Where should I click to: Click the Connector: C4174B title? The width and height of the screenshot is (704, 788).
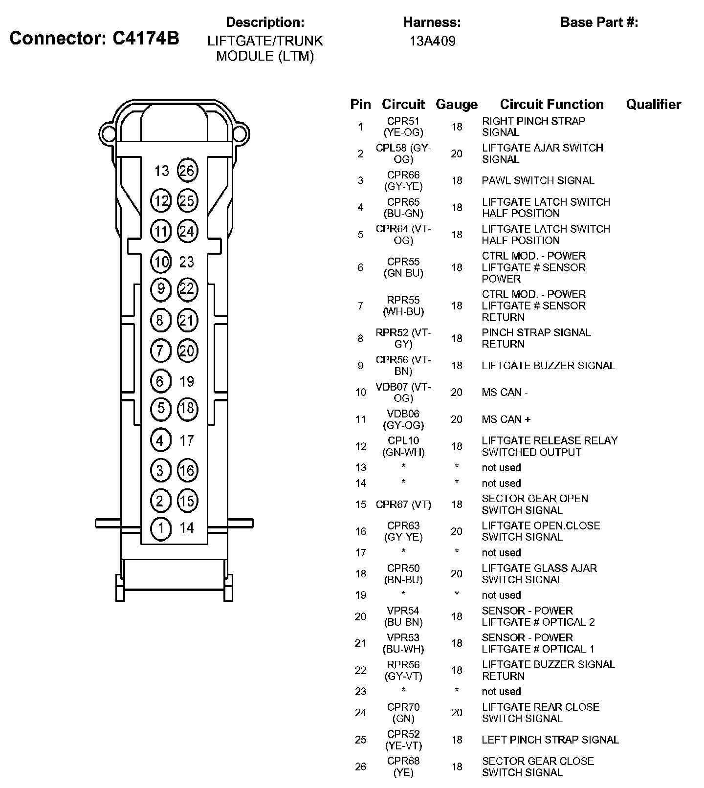click(x=94, y=38)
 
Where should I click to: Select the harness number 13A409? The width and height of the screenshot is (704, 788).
click(x=432, y=41)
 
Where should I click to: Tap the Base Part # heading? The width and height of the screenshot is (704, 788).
click(x=599, y=22)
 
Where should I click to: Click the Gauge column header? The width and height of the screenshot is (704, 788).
click(x=456, y=104)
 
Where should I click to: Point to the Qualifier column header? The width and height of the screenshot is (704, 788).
click(x=653, y=104)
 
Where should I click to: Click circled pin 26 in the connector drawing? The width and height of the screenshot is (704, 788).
click(x=187, y=171)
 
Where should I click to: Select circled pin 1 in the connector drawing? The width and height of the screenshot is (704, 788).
click(x=161, y=528)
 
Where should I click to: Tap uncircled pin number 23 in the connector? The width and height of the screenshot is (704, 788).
click(x=187, y=262)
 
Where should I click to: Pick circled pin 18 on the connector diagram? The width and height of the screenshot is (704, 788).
click(x=187, y=409)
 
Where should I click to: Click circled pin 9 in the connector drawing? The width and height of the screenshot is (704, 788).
click(x=161, y=289)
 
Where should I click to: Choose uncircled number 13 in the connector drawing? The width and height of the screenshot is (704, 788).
click(x=162, y=171)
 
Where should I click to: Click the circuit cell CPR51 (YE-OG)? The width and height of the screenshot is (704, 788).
click(x=403, y=127)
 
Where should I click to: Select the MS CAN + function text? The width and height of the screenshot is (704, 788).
click(x=506, y=419)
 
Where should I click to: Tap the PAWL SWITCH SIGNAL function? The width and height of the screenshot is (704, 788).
click(x=538, y=180)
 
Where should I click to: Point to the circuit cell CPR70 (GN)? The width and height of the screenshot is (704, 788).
click(x=403, y=713)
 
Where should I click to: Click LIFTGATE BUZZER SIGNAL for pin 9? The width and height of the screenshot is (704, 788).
click(x=548, y=365)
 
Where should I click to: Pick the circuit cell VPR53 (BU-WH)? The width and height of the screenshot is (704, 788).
click(x=403, y=643)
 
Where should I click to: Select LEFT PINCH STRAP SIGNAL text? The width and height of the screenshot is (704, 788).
click(x=550, y=740)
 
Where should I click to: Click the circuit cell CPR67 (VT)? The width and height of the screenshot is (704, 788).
click(x=403, y=504)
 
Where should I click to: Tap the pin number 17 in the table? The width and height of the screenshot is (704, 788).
click(x=361, y=552)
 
